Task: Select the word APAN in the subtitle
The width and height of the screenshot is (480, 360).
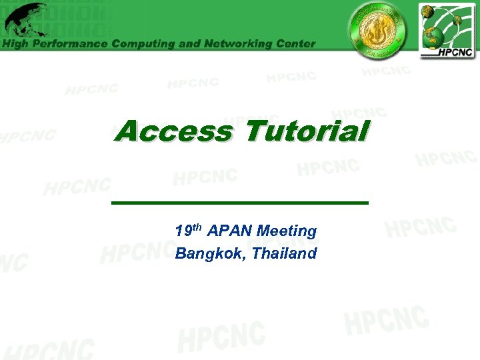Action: point(230,231)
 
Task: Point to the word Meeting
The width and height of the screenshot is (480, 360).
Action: point(287,231)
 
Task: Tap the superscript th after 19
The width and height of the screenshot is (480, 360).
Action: point(197,228)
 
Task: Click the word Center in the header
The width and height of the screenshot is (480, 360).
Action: point(294,44)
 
